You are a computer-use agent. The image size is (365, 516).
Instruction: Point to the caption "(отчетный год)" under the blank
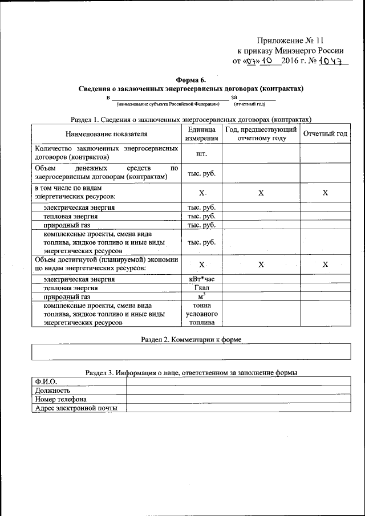[x=249, y=104]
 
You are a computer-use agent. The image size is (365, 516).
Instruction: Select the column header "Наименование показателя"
[x=106, y=134]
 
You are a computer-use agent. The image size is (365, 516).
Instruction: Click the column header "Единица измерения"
[x=201, y=134]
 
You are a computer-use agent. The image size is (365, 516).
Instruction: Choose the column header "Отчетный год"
[x=325, y=134]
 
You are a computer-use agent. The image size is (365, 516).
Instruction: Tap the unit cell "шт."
[x=201, y=153]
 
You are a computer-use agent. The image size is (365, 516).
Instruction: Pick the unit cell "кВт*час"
[x=201, y=279]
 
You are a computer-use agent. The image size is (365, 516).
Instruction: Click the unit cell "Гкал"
[x=201, y=288]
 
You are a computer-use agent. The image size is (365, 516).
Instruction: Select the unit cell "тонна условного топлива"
[x=201, y=314]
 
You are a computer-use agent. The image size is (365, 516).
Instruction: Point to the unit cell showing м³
[x=201, y=296]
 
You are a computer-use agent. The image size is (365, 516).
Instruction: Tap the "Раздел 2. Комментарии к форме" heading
[x=190, y=339]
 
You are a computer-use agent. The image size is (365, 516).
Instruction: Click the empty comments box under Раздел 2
[x=190, y=352]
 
